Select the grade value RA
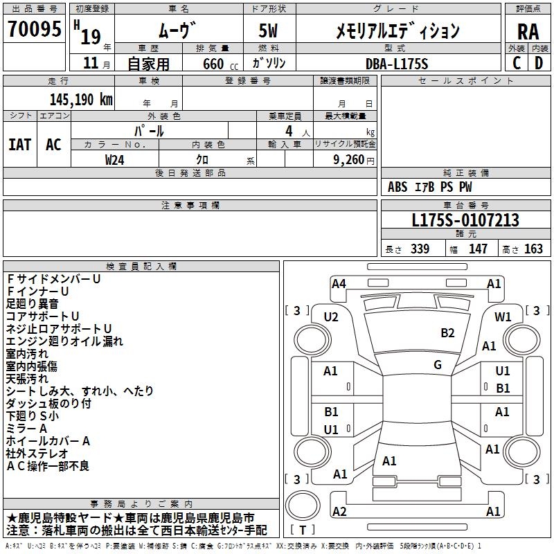click(528, 31)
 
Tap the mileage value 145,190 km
click(81, 99)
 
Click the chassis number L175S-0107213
click(465, 220)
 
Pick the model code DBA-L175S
click(397, 63)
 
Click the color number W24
click(115, 159)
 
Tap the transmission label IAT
click(19, 145)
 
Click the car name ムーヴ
click(178, 30)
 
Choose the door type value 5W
click(268, 30)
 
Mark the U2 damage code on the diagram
click(331, 317)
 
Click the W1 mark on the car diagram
click(503, 317)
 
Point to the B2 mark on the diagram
click(447, 333)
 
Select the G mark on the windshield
click(438, 365)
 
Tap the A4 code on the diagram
click(339, 283)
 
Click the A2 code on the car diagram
click(339, 511)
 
